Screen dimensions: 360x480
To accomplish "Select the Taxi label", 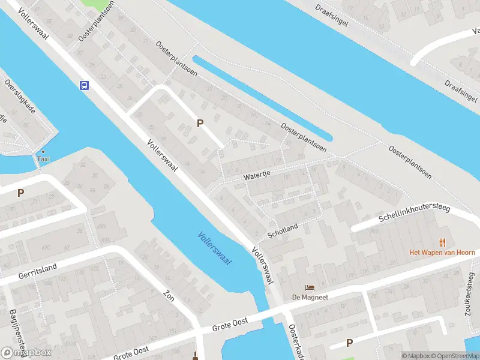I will click(43, 159).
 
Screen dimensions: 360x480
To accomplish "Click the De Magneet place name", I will click(310, 297).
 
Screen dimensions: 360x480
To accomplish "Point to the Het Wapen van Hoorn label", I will click(442, 253).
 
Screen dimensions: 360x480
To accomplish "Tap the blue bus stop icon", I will click(85, 85).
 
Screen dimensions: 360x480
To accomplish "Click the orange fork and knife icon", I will click(443, 242).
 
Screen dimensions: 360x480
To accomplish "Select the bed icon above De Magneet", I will click(310, 287).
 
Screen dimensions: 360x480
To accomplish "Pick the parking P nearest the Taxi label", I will click(20, 193).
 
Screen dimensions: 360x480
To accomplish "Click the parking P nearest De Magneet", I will click(349, 343).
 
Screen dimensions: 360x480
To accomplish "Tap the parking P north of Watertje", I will click(200, 123).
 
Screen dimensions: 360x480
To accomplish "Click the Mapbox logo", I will click(27, 353).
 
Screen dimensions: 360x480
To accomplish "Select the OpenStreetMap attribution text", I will click(455, 356).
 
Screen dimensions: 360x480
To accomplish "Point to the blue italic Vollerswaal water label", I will click(215, 249).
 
